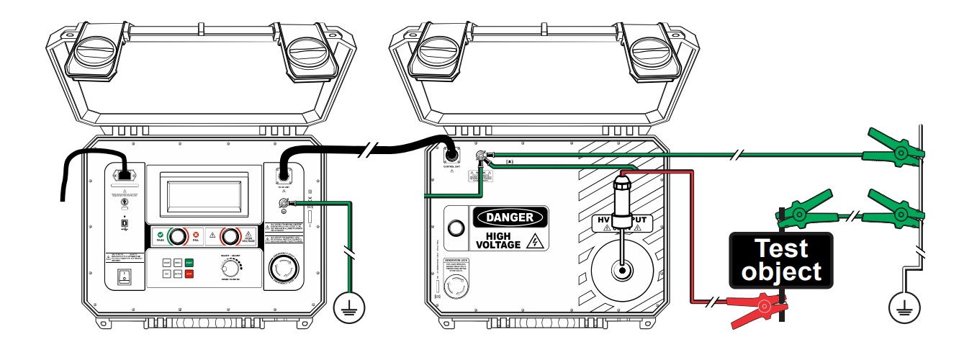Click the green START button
(x=189, y=263)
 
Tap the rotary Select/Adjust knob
(x=230, y=268)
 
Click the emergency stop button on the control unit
(x=283, y=271)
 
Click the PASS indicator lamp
(x=176, y=235)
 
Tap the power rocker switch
(x=125, y=277)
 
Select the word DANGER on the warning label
(x=510, y=217)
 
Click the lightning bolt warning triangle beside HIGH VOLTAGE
(x=533, y=242)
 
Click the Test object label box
(x=781, y=261)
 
